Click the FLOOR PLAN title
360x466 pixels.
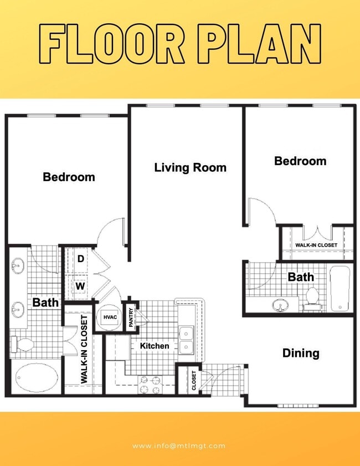tap(180, 44)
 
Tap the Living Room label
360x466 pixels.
tap(190, 167)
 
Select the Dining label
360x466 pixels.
tap(301, 353)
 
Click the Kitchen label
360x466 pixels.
tap(155, 346)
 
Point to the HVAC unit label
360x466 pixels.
tap(109, 317)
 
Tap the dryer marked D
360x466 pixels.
tap(80, 259)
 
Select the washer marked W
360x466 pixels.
tap(80, 286)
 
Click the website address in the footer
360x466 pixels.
tap(179, 445)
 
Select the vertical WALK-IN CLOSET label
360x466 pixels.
tap(85, 350)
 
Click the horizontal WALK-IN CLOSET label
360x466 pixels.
tap(316, 245)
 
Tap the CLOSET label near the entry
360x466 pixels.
tap(194, 380)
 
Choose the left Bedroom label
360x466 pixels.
tap(69, 177)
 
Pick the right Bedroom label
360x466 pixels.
tap(300, 161)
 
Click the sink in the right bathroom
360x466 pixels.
tap(281, 304)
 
